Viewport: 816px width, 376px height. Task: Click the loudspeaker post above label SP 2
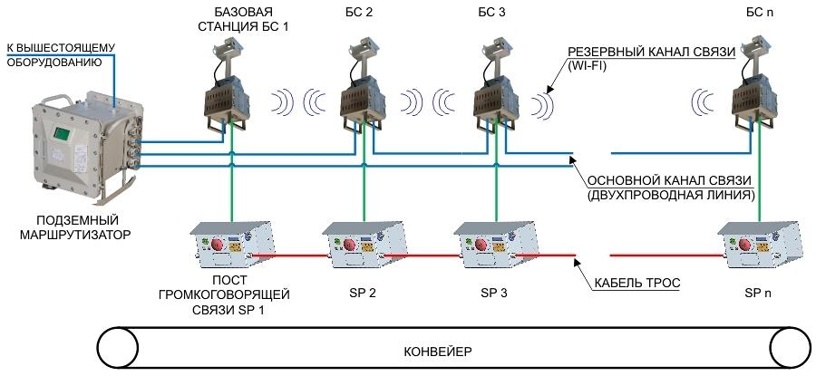(363, 244)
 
